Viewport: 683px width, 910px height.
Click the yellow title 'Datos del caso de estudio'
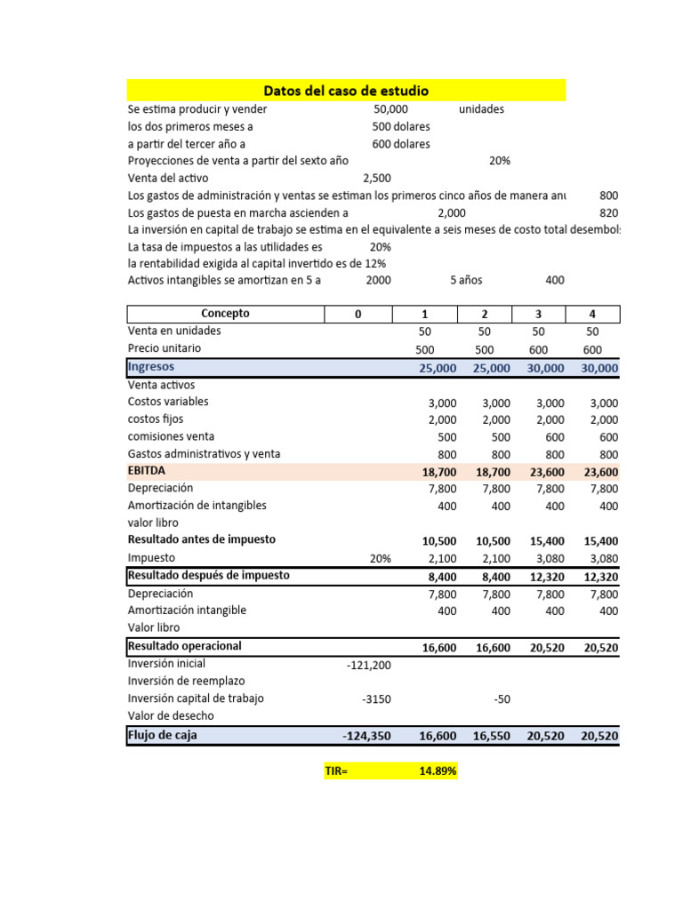pyautogui.click(x=346, y=91)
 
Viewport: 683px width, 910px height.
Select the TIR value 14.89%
pyautogui.click(x=438, y=772)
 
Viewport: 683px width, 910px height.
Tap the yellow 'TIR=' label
pyautogui.click(x=337, y=772)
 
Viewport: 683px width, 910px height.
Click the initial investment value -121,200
pyautogui.click(x=367, y=665)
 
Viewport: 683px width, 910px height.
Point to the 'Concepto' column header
pyautogui.click(x=225, y=314)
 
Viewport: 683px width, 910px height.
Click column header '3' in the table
pyautogui.click(x=539, y=314)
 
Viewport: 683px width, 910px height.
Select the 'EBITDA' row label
pyautogui.click(x=147, y=471)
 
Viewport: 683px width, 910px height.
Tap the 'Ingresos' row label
pyautogui.click(x=151, y=367)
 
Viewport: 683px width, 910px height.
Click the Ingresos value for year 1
pyautogui.click(x=437, y=368)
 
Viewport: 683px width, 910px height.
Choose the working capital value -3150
pyautogui.click(x=376, y=699)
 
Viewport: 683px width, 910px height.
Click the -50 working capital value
pyautogui.click(x=502, y=699)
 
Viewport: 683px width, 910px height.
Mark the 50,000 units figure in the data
pyautogui.click(x=391, y=109)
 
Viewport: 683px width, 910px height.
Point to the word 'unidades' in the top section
pyautogui.click(x=481, y=109)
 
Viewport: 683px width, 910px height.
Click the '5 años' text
pyautogui.click(x=466, y=280)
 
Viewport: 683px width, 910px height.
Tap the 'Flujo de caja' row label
pyautogui.click(x=163, y=735)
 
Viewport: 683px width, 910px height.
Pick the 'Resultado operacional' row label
pyautogui.click(x=185, y=646)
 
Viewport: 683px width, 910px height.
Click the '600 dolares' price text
pyautogui.click(x=400, y=144)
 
